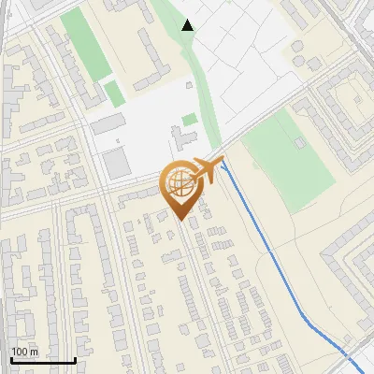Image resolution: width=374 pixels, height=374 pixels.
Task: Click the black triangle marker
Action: [188, 25]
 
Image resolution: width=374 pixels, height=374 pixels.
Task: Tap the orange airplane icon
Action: [207, 170]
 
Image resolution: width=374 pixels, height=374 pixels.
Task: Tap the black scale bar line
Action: [43, 360]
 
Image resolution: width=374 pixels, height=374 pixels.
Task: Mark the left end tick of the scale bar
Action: [11, 359]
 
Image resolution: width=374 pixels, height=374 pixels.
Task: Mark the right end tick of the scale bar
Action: [75, 359]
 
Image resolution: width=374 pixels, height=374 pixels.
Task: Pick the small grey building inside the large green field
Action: [299, 143]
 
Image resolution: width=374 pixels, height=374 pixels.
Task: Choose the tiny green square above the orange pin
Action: [190, 119]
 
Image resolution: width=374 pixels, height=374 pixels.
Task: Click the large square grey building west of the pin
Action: [117, 164]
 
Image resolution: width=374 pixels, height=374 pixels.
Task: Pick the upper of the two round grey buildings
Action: [359, 98]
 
